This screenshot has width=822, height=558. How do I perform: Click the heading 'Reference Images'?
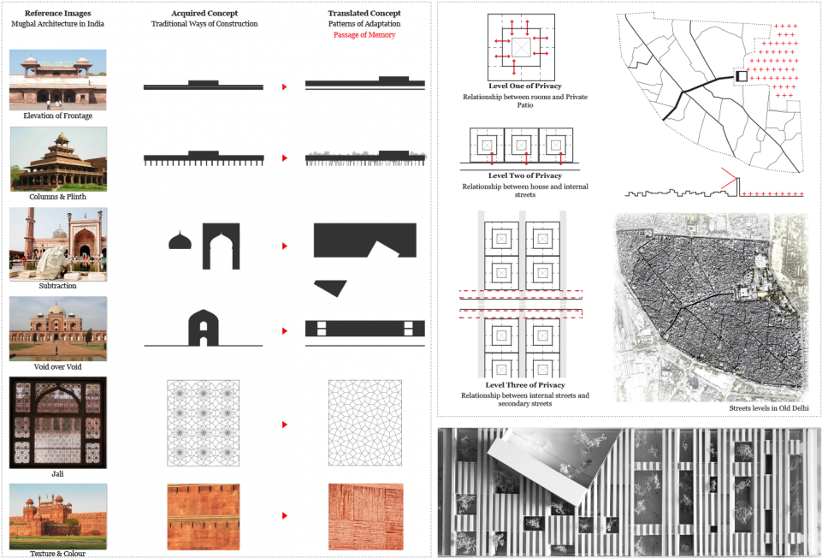point(59,15)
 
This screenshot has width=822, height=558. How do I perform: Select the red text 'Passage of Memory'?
point(364,35)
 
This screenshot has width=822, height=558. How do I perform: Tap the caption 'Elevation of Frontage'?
point(58,116)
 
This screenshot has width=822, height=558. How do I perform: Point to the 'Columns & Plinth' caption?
point(58,197)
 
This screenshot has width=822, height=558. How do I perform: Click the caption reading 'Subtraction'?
point(58,286)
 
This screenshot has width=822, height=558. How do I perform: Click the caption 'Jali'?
point(58,473)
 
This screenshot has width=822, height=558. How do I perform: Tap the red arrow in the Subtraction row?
point(284,246)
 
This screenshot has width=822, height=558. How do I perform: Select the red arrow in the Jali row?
point(284,424)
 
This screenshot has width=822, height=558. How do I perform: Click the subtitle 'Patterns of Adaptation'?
point(364,25)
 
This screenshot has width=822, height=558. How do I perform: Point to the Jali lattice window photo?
point(58,422)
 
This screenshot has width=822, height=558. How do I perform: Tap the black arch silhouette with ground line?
point(204,329)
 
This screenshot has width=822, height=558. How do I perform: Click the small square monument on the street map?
point(742,77)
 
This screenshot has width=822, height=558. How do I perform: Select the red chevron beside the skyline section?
point(729,180)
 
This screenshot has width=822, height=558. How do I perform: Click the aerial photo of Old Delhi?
point(710,307)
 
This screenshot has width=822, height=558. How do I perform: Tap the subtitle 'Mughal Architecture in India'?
point(59,25)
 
